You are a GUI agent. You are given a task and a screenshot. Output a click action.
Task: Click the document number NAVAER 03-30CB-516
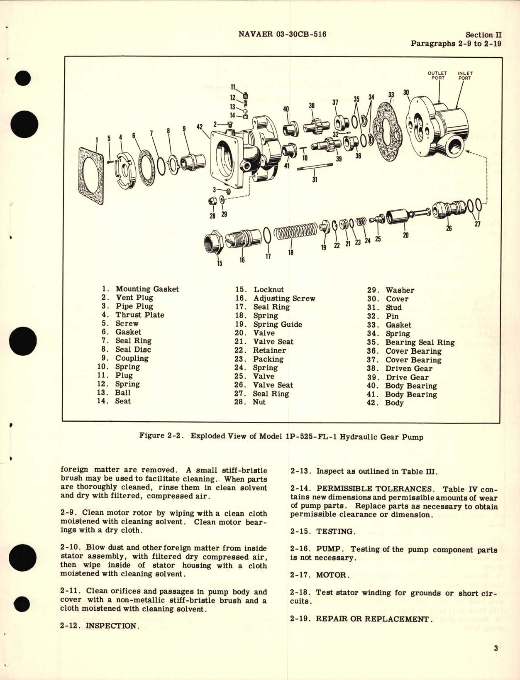tap(282, 34)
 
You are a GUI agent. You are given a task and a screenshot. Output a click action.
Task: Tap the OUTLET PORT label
tap(437, 76)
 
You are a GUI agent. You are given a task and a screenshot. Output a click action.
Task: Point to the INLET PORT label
tap(465, 76)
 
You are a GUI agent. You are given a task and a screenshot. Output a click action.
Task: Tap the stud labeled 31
tap(316, 168)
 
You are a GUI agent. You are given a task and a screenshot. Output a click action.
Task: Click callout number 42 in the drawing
tap(200, 127)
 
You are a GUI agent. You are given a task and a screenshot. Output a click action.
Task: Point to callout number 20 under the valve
tap(405, 235)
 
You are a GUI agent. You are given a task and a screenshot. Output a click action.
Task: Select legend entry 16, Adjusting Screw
tap(276, 298)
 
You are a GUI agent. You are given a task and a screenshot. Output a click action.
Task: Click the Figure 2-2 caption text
tap(281, 436)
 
